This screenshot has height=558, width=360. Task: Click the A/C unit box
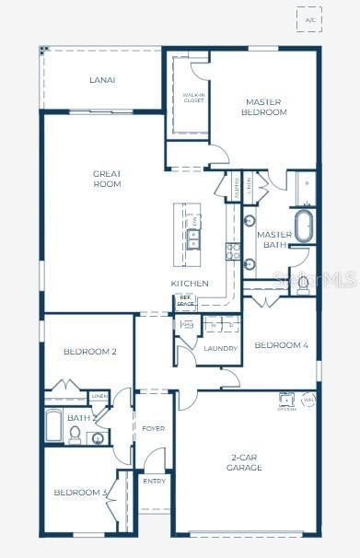(x=309, y=19)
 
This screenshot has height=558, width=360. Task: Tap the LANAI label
(x=102, y=80)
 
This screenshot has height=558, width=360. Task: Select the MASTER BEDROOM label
(x=266, y=107)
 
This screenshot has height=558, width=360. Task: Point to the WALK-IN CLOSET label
(x=192, y=98)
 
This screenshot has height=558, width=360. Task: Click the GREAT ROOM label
(x=107, y=179)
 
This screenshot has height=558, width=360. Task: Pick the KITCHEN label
(x=190, y=283)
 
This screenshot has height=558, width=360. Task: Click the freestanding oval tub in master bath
(x=303, y=225)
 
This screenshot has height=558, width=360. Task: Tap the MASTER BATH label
(x=273, y=239)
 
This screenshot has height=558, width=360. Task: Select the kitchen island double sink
(x=194, y=238)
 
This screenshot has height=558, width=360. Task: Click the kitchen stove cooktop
(x=233, y=248)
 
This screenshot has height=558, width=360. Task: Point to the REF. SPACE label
(x=185, y=301)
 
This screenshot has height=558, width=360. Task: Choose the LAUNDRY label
(x=221, y=348)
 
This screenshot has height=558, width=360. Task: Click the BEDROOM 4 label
(x=282, y=345)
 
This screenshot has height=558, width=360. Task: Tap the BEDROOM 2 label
(x=90, y=351)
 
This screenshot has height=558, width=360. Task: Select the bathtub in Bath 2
(x=53, y=427)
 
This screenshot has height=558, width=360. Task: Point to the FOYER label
(x=153, y=429)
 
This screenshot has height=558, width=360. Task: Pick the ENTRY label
(x=153, y=481)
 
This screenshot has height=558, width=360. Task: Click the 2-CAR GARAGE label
(x=244, y=462)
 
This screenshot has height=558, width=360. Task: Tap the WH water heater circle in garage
(x=308, y=401)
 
